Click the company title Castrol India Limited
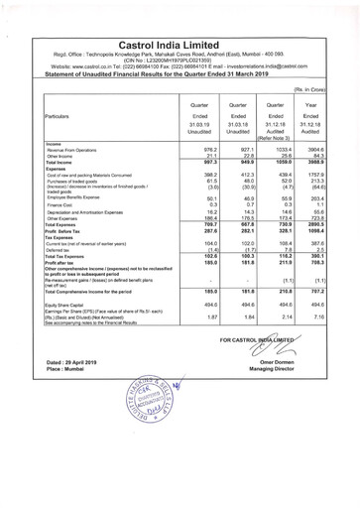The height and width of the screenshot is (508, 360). coord(180,18)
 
